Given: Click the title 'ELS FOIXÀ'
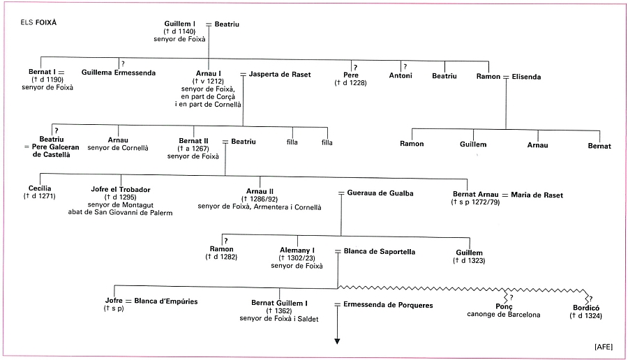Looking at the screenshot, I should [x=39, y=22].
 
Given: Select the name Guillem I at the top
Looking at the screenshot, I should [x=180, y=24].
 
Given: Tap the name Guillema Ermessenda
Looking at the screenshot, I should [x=119, y=73].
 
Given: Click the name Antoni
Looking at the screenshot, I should [x=401, y=75].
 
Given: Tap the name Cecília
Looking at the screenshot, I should [x=40, y=189].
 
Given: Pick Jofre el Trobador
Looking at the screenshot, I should [x=121, y=189].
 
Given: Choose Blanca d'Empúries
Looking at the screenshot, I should [x=166, y=301].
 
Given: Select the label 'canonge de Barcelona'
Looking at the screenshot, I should [x=504, y=315].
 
